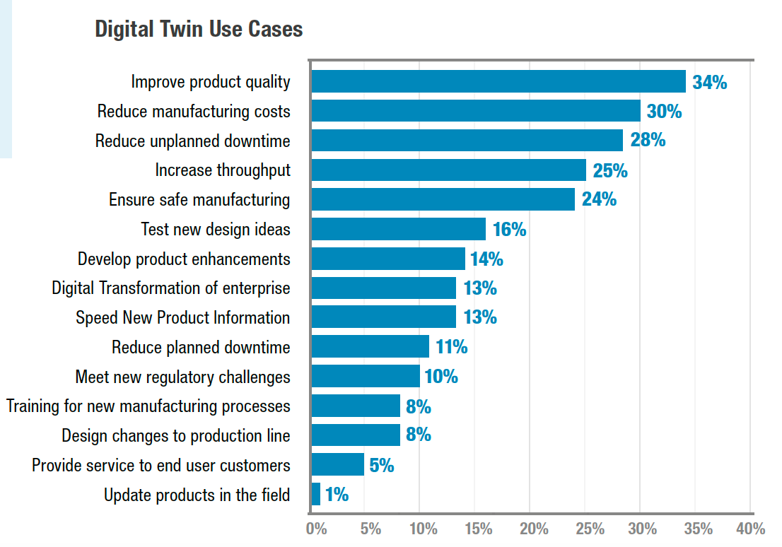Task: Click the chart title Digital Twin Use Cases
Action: (x=199, y=29)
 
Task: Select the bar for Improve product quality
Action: (x=498, y=81)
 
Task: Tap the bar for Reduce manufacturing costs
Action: (x=476, y=111)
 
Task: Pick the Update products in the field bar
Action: (x=316, y=494)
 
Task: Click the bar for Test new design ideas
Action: (x=399, y=229)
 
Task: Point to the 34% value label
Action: (x=709, y=82)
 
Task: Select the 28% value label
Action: (x=648, y=140)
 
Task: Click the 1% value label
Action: (x=337, y=495)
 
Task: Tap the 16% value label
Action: (x=509, y=230)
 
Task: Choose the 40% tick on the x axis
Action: (x=750, y=529)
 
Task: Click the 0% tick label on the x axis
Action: (x=316, y=529)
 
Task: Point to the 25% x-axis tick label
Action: (x=590, y=529)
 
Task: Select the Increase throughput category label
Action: (x=223, y=170)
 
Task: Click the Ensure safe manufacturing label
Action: (x=199, y=200)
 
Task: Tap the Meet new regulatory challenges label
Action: (x=182, y=377)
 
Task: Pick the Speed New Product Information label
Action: (x=182, y=318)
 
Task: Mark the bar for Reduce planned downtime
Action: (x=370, y=346)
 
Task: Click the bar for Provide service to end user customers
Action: (x=338, y=464)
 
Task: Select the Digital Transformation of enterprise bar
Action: (x=384, y=288)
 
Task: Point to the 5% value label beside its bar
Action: (x=381, y=465)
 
